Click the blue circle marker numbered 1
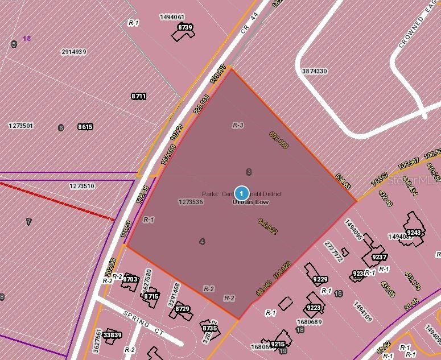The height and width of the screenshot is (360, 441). click(x=242, y=192)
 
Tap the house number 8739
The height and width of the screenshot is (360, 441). click(x=185, y=27)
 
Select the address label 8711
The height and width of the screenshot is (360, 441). click(x=139, y=97)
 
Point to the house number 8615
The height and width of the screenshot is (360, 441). click(x=85, y=127)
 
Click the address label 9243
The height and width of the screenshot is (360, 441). click(x=414, y=233)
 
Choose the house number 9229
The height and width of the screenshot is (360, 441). click(x=320, y=279)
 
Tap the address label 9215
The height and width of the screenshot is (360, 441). click(x=278, y=344)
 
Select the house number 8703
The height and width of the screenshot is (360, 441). click(x=130, y=279)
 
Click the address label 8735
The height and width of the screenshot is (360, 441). click(x=209, y=328)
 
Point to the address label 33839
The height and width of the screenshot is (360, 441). click(x=113, y=335)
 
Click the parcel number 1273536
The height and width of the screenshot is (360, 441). click(x=191, y=201)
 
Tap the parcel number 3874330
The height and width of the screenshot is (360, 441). click(x=314, y=71)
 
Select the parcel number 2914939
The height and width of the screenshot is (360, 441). click(x=73, y=52)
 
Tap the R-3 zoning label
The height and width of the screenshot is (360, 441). click(x=238, y=125)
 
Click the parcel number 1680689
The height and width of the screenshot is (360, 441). click(x=309, y=322)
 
